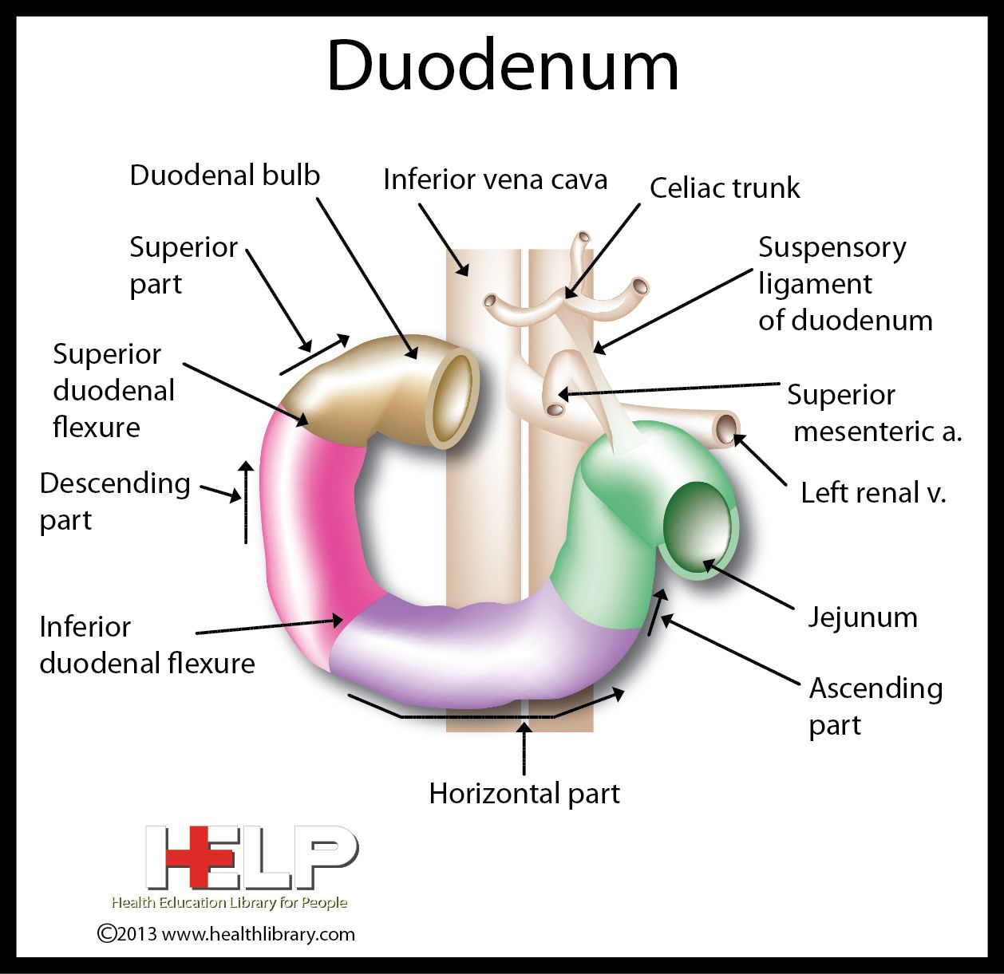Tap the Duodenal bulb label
[x=224, y=175]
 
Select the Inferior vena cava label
[x=495, y=179]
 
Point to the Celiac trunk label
[x=725, y=188]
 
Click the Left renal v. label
[x=873, y=493]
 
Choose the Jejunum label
[x=863, y=617]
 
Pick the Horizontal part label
[x=524, y=794]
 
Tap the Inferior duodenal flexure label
[x=147, y=645]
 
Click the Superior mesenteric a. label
[x=875, y=413]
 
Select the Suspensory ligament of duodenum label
[x=844, y=284]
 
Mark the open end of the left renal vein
[x=725, y=428]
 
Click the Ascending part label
[x=876, y=706]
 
